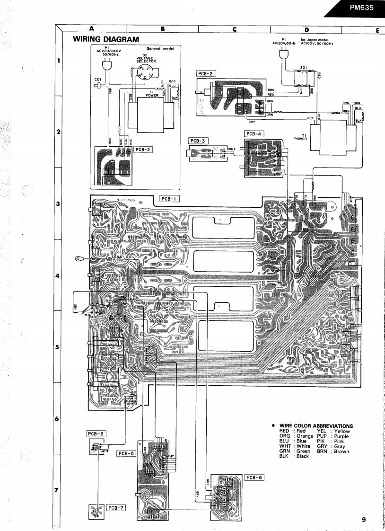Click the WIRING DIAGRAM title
click(106, 39)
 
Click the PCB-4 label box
click(254, 134)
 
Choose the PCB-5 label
click(126, 453)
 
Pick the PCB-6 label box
click(96, 434)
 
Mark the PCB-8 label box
click(254, 477)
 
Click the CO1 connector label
click(98, 79)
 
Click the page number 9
click(364, 520)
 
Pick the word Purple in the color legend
click(341, 436)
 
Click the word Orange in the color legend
click(305, 436)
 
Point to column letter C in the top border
click(235, 29)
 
